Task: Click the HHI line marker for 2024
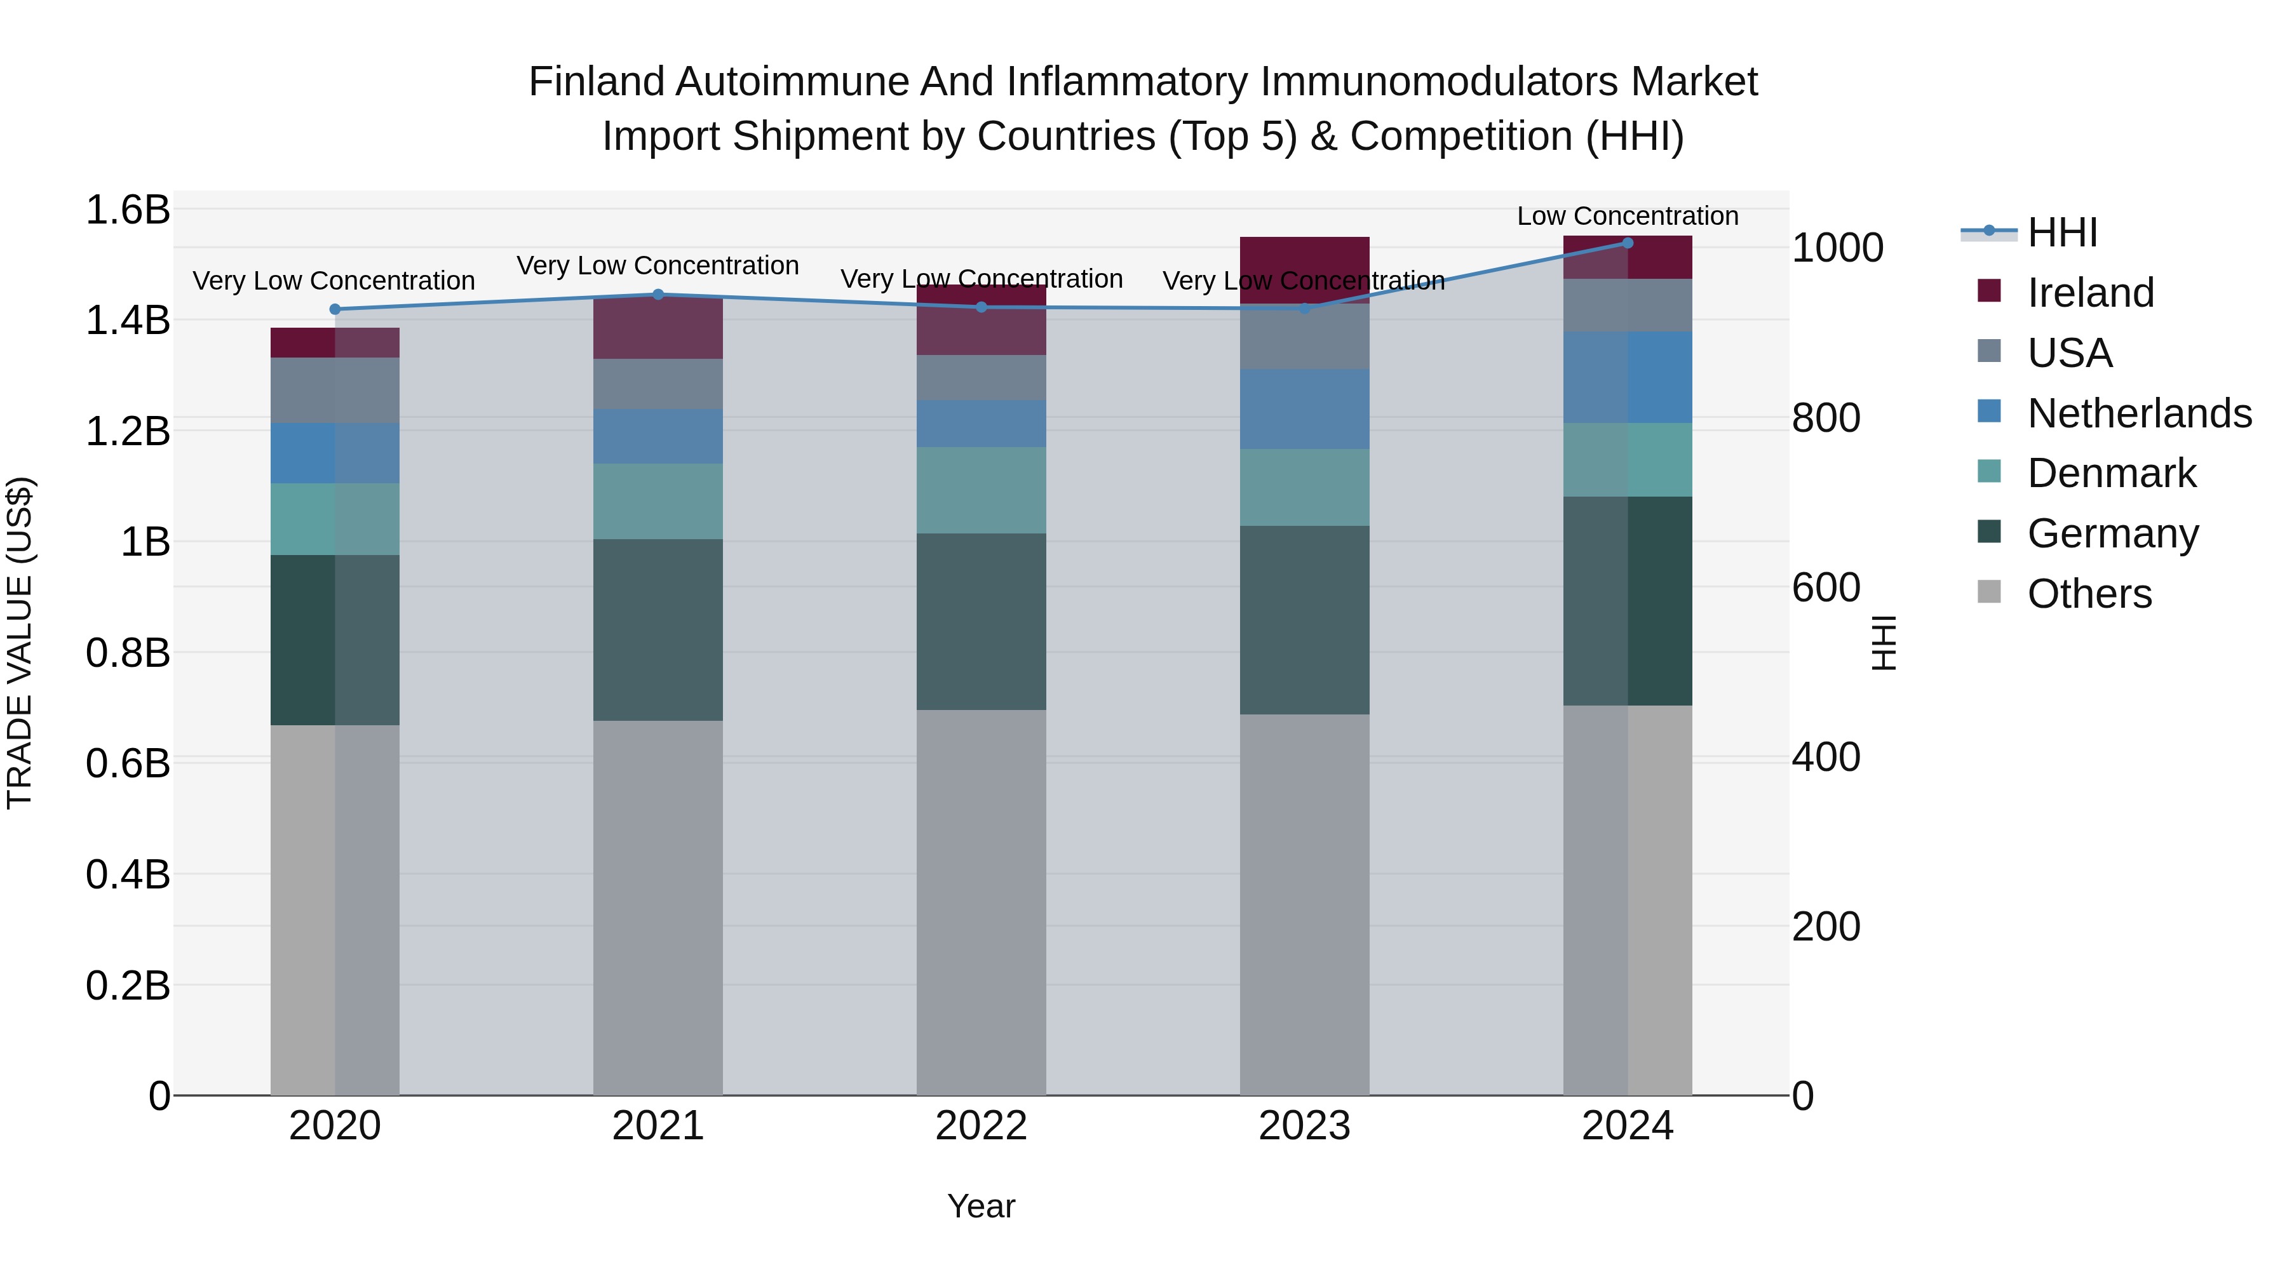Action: pyautogui.click(x=1628, y=243)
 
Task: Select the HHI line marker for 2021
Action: pyautogui.click(x=658, y=295)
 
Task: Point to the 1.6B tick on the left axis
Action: pyautogui.click(x=128, y=210)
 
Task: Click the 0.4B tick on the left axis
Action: pyautogui.click(x=128, y=874)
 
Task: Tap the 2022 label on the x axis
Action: pyautogui.click(x=981, y=1126)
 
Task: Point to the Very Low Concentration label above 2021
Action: pyautogui.click(x=658, y=265)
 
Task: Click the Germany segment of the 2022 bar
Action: pyautogui.click(x=981, y=621)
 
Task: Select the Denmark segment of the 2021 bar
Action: pyautogui.click(x=658, y=502)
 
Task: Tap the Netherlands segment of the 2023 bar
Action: pyautogui.click(x=1304, y=409)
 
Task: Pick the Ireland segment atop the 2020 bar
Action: pyautogui.click(x=335, y=342)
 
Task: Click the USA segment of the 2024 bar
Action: pyautogui.click(x=1628, y=305)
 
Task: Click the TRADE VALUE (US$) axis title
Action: pyautogui.click(x=20, y=643)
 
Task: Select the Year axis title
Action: pyautogui.click(x=981, y=1206)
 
